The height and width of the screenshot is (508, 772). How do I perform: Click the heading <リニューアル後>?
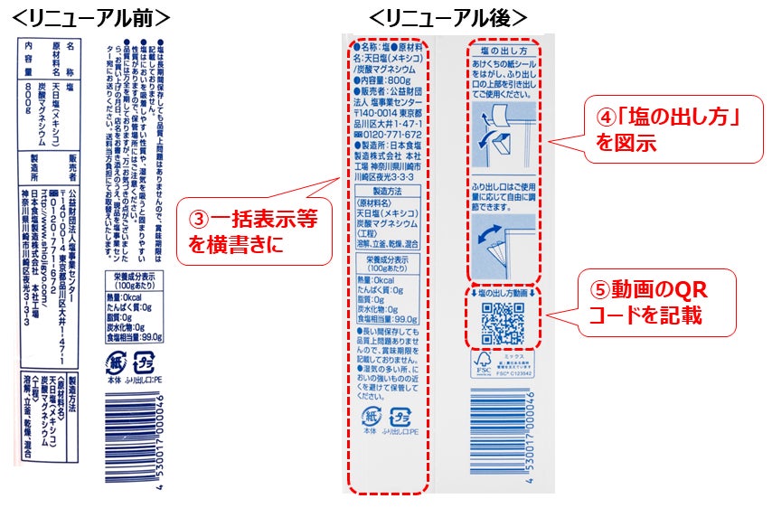(x=448, y=17)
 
